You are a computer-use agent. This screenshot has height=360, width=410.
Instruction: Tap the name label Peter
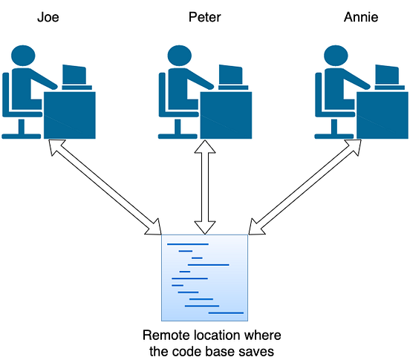[x=205, y=16]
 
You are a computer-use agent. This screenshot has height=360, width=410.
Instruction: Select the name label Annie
[x=362, y=16]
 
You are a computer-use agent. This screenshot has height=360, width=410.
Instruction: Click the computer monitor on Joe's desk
[x=74, y=75]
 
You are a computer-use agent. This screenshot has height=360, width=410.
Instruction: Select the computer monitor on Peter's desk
[x=232, y=75]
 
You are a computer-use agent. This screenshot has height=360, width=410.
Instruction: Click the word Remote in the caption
[x=163, y=335]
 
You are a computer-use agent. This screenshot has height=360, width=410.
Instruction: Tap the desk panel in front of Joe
[x=71, y=115]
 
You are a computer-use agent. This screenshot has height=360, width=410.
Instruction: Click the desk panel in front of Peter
[x=228, y=115]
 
